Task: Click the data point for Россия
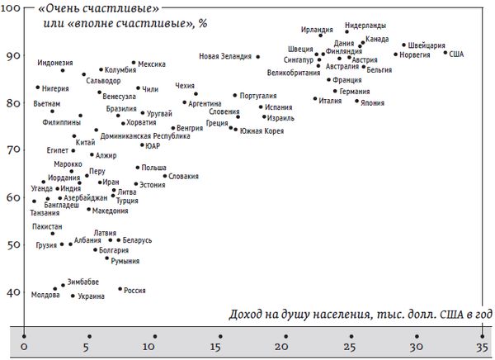tap(120, 289)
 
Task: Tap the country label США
tap(456, 54)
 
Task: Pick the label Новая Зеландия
tap(225, 56)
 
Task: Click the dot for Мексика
tap(134, 63)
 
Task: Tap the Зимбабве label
tap(84, 282)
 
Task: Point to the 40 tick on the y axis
tap(13, 292)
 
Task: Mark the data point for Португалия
tap(234, 96)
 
